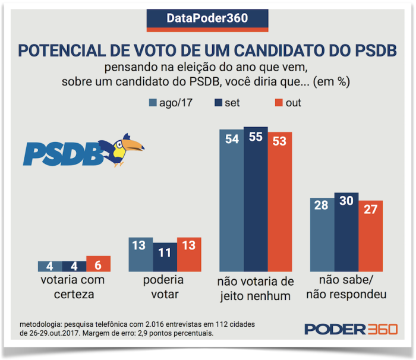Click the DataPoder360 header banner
[207, 18]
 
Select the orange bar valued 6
[98, 264]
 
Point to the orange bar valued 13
[189, 254]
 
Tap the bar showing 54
[231, 202]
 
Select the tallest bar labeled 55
[256, 200]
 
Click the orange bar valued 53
[280, 202]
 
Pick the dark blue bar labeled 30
[346, 232]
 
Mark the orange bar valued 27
[370, 235]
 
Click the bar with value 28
[322, 234]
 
